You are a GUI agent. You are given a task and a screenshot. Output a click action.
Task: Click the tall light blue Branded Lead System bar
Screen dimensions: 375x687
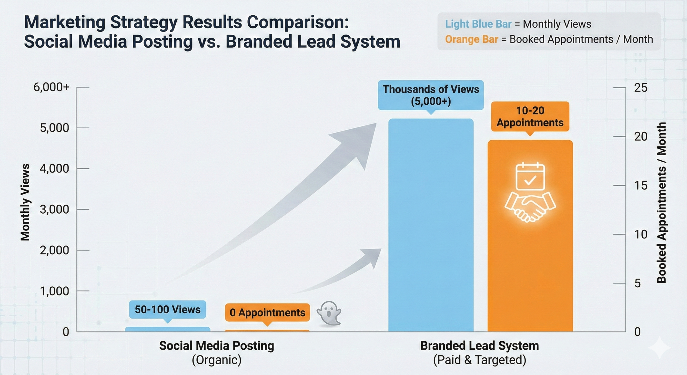[x=431, y=227]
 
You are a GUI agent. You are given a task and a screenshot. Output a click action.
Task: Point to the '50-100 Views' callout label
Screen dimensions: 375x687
[x=168, y=310]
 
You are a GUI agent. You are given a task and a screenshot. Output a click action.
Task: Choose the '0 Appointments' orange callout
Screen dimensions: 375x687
[x=267, y=312]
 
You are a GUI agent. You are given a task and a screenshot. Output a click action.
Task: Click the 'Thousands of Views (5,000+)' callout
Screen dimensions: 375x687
[x=431, y=95]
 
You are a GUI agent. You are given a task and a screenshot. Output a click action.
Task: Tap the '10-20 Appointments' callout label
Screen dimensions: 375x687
[x=530, y=117]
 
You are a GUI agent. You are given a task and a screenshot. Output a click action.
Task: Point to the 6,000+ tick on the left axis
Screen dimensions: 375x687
[x=51, y=87]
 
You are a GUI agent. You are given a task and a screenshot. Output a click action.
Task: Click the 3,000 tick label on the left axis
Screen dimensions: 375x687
[x=54, y=209]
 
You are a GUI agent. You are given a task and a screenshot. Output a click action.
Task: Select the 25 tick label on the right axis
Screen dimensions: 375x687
[x=641, y=88]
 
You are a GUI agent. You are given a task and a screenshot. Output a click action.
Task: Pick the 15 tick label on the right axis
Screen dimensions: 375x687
[x=641, y=186]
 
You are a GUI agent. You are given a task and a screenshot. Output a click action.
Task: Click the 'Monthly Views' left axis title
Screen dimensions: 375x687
[x=25, y=202]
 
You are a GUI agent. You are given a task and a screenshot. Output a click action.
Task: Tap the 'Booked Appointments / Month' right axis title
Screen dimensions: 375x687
[x=662, y=203]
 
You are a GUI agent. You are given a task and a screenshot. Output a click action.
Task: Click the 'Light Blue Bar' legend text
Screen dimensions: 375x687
[x=478, y=24]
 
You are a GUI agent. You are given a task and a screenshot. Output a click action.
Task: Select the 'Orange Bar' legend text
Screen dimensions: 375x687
[x=471, y=40]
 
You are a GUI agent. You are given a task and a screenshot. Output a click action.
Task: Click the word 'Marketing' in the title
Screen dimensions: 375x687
[x=65, y=22]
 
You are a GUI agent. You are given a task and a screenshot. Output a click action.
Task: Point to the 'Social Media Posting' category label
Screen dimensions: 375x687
[x=217, y=346]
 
